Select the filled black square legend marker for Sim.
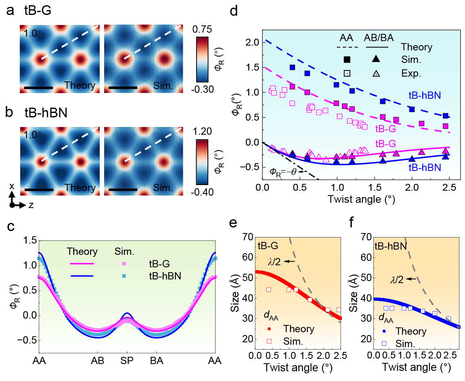[347, 60]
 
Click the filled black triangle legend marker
[376, 60]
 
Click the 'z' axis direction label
[31, 205]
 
